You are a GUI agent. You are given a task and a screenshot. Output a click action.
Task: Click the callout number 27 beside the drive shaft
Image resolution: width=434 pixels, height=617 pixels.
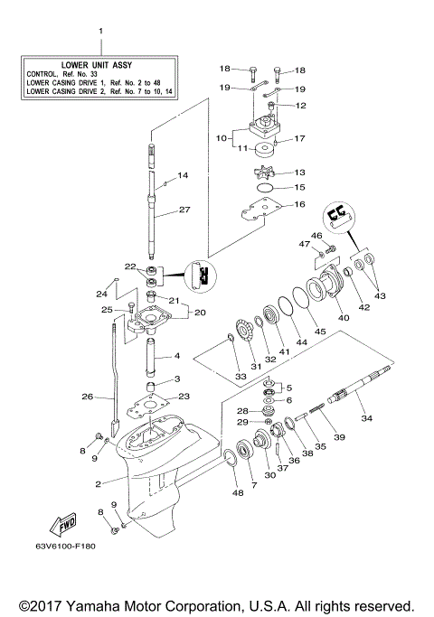[184, 210]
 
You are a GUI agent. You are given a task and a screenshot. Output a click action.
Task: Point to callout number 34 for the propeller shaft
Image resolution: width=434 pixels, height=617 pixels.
[366, 418]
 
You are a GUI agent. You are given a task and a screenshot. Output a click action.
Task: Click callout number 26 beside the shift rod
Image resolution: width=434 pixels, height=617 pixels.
[87, 396]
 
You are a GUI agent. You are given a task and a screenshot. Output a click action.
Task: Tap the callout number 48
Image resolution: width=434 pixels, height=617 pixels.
[239, 492]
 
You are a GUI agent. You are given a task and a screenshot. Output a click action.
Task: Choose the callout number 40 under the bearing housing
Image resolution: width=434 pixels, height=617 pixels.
[343, 317]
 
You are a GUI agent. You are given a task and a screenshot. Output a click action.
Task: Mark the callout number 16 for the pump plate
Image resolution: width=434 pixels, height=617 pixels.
[299, 205]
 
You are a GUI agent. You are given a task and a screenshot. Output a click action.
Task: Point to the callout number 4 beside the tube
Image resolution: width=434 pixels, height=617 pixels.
[177, 356]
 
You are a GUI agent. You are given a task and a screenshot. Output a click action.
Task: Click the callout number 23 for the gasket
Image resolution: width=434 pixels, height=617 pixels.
[184, 396]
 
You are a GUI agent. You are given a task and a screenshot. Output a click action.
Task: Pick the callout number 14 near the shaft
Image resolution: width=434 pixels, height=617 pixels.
[182, 175]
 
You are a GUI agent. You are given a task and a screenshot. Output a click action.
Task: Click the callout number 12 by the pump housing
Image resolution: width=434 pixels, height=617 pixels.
[301, 106]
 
